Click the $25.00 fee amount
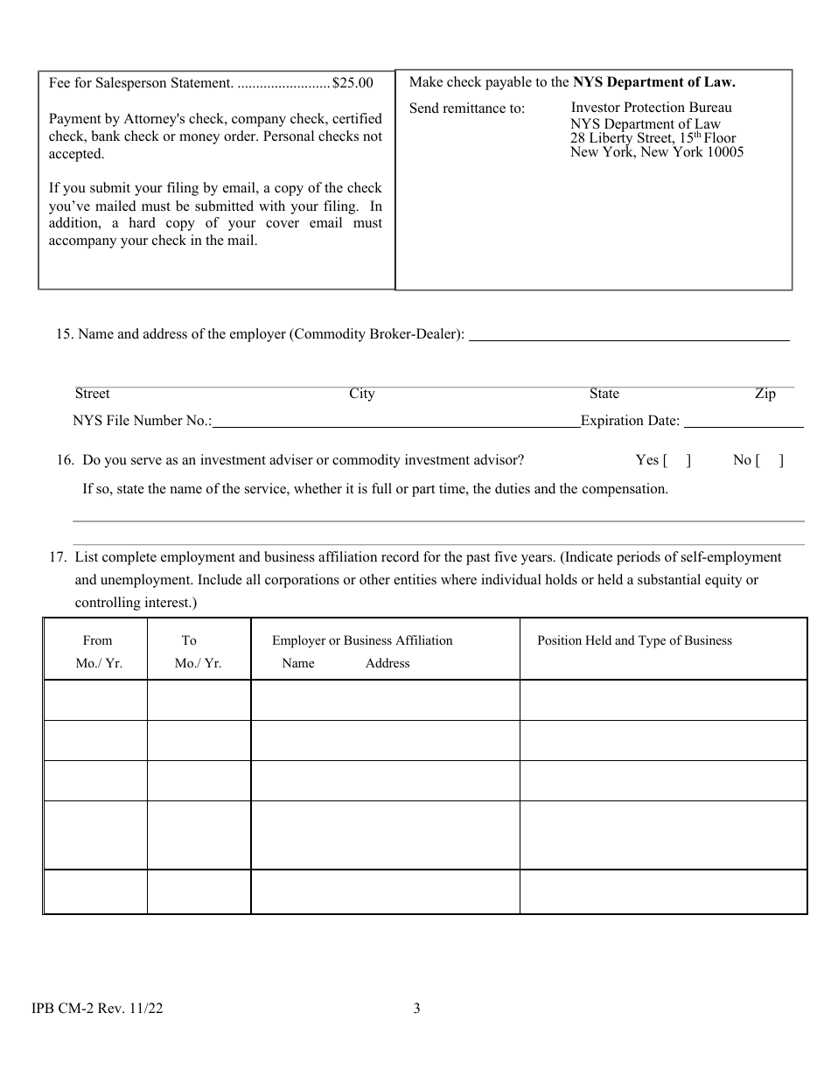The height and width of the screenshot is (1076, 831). click(x=353, y=83)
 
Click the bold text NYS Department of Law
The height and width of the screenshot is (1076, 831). click(x=654, y=82)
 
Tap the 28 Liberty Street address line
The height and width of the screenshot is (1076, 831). click(x=653, y=138)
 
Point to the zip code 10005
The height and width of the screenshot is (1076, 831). click(x=723, y=152)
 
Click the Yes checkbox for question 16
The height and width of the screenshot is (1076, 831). click(x=676, y=460)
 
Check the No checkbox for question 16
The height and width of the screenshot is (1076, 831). click(x=770, y=460)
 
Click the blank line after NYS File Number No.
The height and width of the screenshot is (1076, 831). click(x=395, y=421)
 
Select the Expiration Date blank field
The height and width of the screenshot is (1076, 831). click(x=743, y=421)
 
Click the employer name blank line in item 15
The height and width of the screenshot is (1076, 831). click(x=629, y=334)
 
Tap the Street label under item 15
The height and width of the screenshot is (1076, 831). click(x=92, y=394)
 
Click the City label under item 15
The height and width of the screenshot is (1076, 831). click(x=361, y=394)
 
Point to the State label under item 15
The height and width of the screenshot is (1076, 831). click(x=604, y=394)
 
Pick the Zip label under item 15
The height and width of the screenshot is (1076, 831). click(x=765, y=394)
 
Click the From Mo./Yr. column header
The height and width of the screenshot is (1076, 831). click(x=98, y=652)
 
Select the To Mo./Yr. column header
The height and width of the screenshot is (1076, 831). click(x=198, y=652)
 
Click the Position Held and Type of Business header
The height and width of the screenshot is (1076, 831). click(x=634, y=640)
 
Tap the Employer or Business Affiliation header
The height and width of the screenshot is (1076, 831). click(x=362, y=640)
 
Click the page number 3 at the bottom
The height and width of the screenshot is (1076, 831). click(x=416, y=1009)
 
